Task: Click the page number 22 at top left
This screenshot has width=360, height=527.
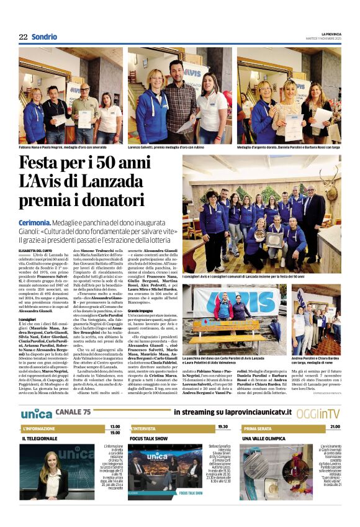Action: (23, 37)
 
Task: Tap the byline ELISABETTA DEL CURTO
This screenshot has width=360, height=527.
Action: (36, 250)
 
